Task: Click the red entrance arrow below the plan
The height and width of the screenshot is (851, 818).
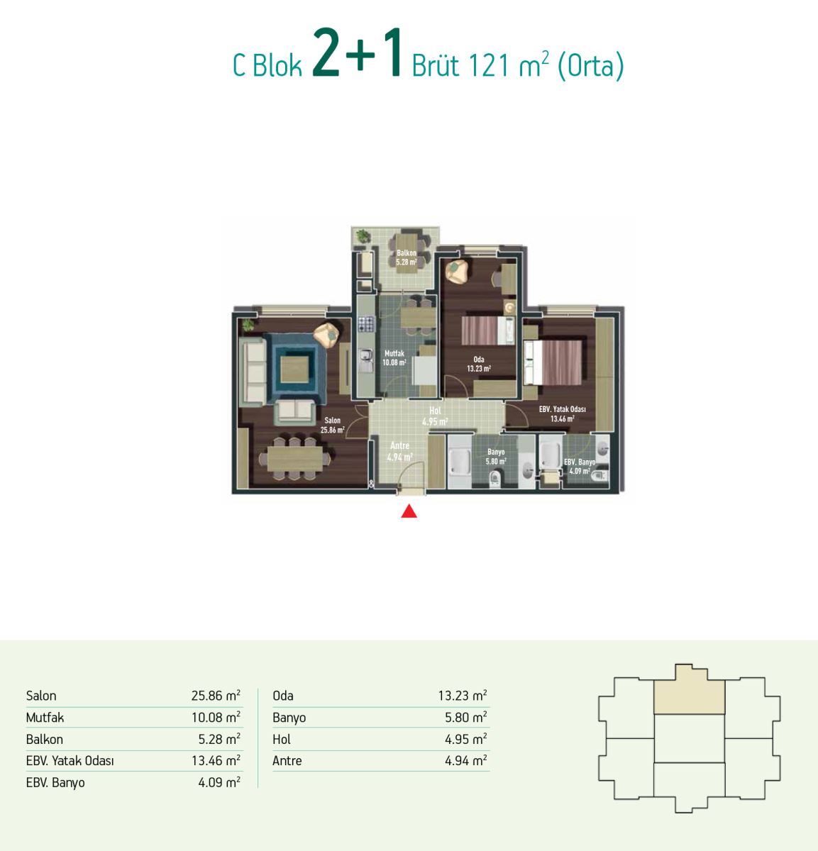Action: (409, 511)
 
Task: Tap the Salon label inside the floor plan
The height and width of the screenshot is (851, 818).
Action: (333, 421)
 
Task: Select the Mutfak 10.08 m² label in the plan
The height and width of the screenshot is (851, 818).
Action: (394, 357)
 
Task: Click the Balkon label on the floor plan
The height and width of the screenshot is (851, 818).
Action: (407, 252)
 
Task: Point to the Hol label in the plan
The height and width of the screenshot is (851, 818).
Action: (435, 411)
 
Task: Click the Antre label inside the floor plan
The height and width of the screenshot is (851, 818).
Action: (400, 445)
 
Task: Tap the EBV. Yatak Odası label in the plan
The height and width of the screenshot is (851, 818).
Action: (562, 409)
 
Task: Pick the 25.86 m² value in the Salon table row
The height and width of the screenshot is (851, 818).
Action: (216, 695)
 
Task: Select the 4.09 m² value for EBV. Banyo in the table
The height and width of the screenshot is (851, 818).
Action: (219, 782)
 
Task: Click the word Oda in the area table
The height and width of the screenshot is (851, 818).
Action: (283, 696)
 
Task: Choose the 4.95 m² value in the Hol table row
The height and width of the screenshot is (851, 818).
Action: (466, 739)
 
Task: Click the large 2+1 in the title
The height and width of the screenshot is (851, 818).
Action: (357, 53)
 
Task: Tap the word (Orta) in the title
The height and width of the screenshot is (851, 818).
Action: (590, 67)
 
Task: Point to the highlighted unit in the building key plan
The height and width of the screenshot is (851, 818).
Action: (689, 691)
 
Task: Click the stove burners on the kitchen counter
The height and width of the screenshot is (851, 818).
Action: (366, 324)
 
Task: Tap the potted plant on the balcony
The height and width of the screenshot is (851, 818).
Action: (363, 236)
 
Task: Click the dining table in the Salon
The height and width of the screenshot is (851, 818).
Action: (295, 458)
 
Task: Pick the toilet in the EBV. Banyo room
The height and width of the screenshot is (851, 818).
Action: (599, 476)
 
